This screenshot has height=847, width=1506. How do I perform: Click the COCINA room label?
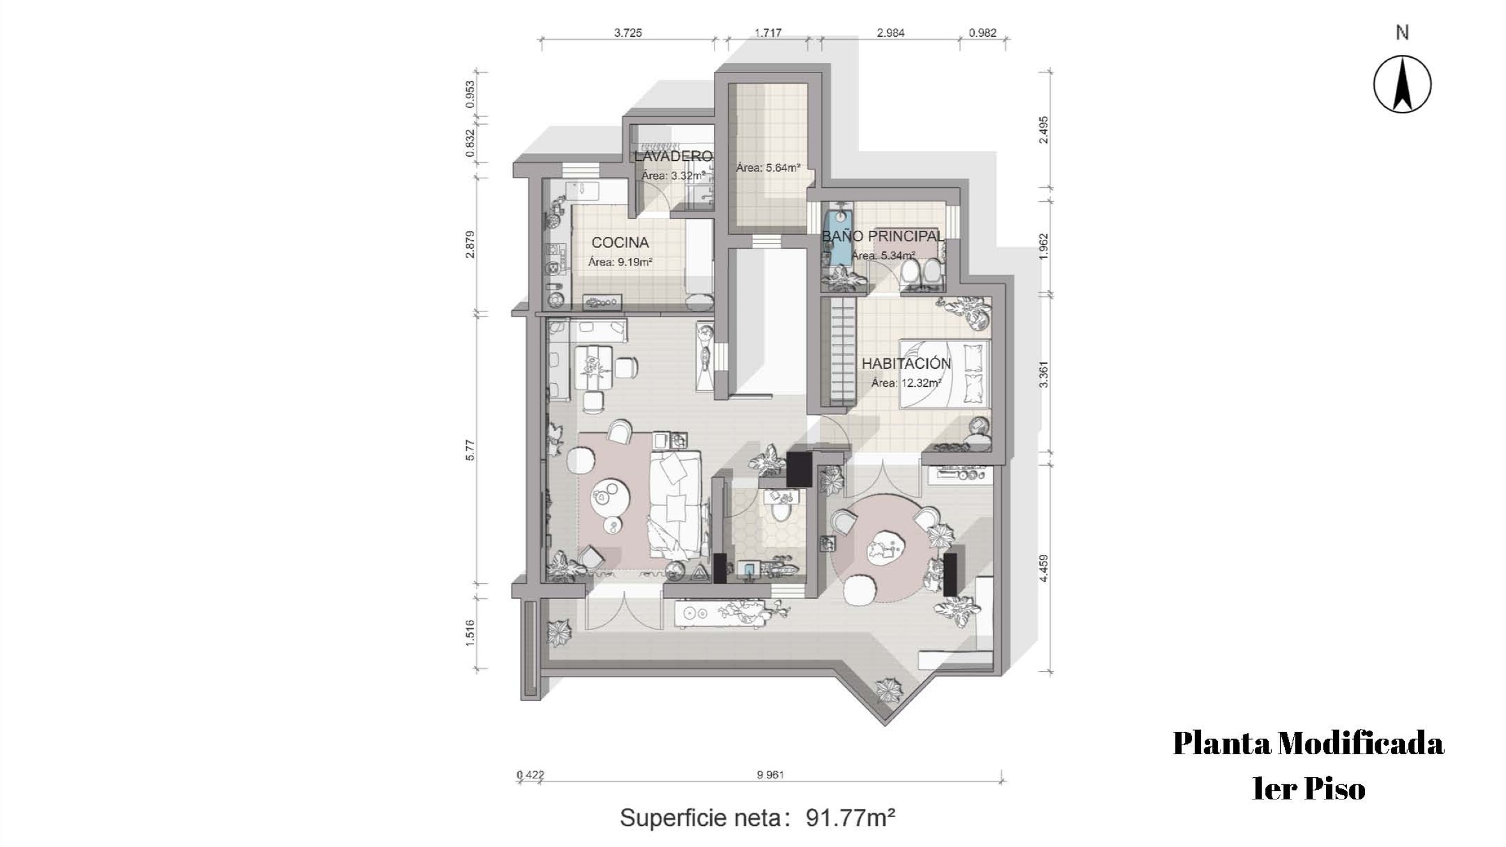[620, 243]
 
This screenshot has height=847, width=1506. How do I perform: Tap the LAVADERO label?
[673, 156]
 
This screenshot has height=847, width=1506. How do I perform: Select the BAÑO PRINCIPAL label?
[883, 236]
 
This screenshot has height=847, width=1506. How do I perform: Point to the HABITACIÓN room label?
[906, 363]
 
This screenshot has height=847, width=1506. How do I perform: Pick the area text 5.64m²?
[784, 167]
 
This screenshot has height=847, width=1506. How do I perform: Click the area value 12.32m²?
[921, 383]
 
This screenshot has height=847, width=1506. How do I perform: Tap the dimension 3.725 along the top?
[628, 33]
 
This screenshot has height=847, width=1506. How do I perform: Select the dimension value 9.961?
[770, 775]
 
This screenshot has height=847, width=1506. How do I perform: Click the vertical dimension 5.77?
[470, 450]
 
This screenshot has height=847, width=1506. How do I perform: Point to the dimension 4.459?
[1044, 568]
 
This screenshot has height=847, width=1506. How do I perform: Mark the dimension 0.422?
[531, 775]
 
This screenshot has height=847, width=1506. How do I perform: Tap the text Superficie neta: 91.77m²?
[758, 817]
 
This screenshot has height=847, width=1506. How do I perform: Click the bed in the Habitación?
[945, 374]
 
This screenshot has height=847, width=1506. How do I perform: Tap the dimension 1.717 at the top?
[768, 33]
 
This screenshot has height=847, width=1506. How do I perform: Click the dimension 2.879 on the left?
[470, 245]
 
